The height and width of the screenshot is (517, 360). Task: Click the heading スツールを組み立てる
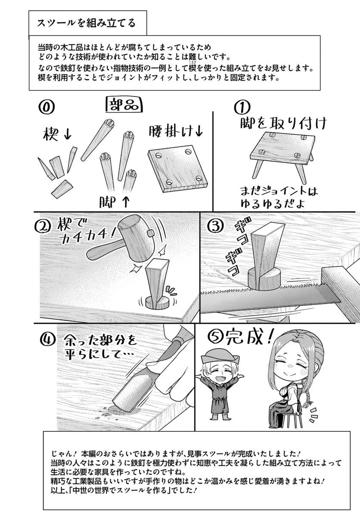coord(86,23)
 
